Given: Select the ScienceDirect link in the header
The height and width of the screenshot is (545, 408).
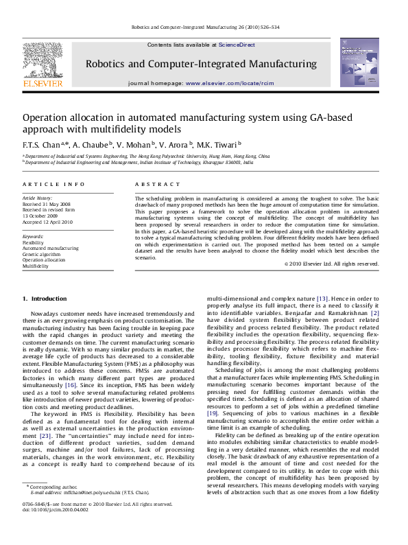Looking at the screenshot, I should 237,45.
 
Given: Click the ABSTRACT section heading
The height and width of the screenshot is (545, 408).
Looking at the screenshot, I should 149,185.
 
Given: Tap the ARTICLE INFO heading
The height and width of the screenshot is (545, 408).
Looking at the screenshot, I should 45,185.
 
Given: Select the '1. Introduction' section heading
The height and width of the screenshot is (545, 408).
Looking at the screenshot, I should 45,299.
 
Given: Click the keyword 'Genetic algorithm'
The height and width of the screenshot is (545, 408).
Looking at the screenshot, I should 41,254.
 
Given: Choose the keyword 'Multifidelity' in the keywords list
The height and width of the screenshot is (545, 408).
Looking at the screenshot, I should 36,266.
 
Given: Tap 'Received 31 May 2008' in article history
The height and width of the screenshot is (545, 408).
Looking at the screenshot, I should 46,205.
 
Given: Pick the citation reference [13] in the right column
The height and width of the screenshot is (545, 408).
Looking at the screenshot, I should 322,299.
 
